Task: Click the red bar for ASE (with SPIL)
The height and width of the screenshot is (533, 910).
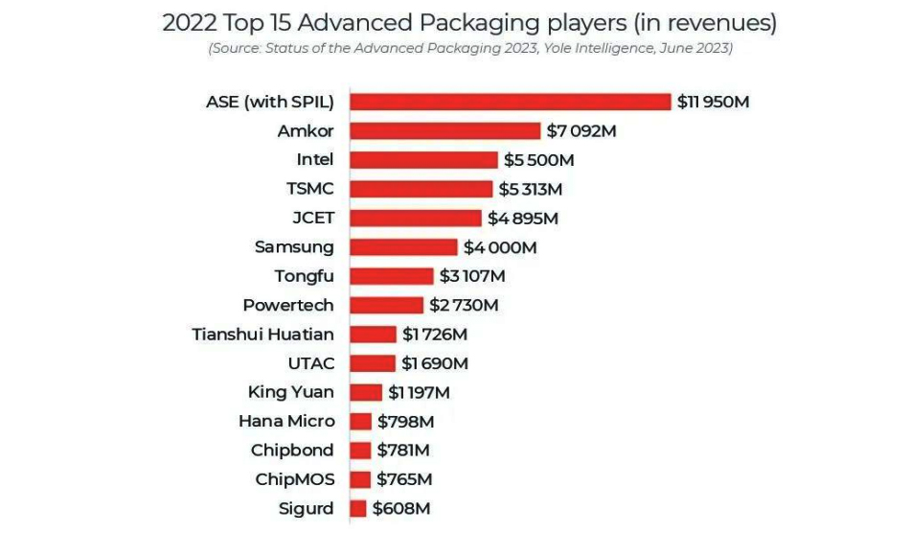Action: coord(510,102)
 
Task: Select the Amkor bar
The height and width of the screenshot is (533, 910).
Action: coord(445,130)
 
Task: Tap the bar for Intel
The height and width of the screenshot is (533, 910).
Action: coord(423,160)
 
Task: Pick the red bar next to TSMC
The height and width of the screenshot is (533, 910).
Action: coord(421,189)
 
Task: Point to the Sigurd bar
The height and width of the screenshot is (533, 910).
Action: coord(358,509)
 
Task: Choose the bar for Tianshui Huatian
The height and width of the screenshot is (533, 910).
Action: coord(373,335)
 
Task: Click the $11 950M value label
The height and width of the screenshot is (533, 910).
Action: coord(713,102)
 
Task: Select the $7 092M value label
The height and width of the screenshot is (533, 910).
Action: coord(581,130)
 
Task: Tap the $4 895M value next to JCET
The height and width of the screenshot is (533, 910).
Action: coord(523,218)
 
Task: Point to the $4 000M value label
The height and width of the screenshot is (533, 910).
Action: coord(500,247)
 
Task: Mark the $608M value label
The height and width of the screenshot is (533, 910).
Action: coord(401,509)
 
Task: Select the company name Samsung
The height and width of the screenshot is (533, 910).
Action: coord(294,247)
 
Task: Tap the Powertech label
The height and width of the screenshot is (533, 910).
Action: coord(288,305)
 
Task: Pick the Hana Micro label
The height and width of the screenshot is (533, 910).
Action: coord(286,421)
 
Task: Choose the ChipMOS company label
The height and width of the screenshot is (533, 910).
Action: coord(294,479)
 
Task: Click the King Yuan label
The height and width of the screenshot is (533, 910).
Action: coord(290,392)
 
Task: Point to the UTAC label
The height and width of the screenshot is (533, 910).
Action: coord(310,363)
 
